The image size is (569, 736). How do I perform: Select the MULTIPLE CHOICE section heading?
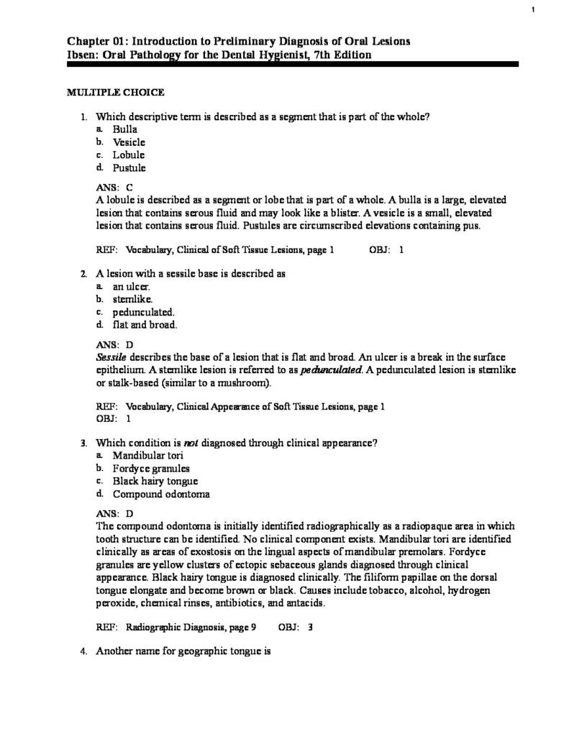[x=116, y=92]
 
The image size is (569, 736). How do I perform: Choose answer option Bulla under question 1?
[x=124, y=129]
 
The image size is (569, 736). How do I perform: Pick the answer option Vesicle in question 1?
[x=129, y=142]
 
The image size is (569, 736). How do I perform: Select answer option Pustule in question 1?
[x=129, y=168]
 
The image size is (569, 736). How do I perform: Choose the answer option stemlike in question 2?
[x=132, y=299]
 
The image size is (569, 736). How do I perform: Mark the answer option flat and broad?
[x=145, y=325]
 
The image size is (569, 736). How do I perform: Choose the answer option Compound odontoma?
[x=161, y=494]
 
